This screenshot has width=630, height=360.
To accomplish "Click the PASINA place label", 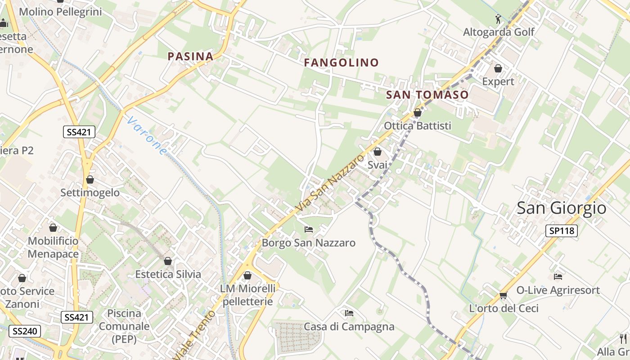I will click(190, 56).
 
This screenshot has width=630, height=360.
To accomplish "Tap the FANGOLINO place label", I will click(342, 63).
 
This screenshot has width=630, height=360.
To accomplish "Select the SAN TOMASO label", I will click(427, 95).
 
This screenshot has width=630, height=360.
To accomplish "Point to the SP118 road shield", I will click(561, 231).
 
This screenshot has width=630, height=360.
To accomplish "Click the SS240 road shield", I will click(25, 331).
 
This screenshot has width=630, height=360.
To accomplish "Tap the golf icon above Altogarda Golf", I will click(498, 19).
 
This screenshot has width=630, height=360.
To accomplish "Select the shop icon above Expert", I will click(498, 68).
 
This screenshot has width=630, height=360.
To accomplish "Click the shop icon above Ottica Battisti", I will click(418, 112).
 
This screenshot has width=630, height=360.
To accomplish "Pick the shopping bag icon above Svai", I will click(378, 152).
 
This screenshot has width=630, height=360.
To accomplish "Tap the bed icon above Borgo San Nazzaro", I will click(309, 229).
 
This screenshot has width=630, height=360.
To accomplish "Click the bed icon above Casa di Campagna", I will click(349, 313).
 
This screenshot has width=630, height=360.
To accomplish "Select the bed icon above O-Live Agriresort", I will click(558, 276).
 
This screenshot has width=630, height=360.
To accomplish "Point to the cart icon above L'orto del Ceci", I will click(503, 295).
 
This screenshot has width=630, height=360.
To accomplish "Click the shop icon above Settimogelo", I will click(90, 180).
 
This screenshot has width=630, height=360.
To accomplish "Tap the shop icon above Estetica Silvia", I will click(168, 261).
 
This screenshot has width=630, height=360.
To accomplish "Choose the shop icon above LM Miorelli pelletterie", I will click(247, 275).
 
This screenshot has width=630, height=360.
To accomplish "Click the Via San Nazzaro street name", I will click(330, 183).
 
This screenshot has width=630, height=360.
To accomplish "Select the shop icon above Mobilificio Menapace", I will click(53, 228).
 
